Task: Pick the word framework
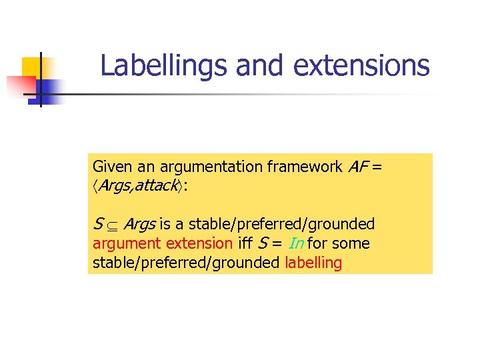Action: click(x=305, y=167)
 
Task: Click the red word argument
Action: click(x=127, y=243)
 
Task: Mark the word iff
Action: click(x=245, y=243)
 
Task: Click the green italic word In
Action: click(x=298, y=243)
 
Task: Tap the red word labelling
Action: click(x=313, y=263)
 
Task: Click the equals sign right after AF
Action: click(x=377, y=167)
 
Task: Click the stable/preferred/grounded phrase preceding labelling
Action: click(x=185, y=263)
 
